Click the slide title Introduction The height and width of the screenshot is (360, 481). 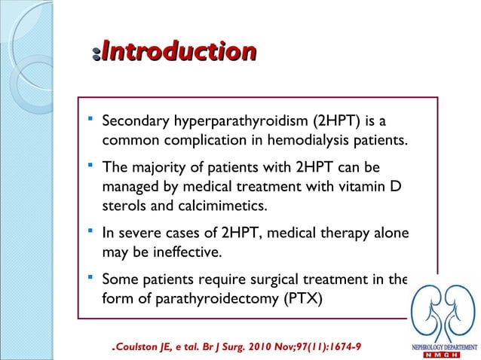pos(178,52)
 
